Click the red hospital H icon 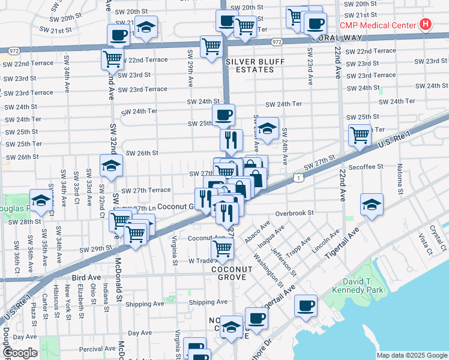point(426,25)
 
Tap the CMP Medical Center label point(378,25)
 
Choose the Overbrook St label point(295,213)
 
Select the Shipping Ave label point(208,302)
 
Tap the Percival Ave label point(80,348)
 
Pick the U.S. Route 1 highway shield point(298,177)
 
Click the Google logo point(20,353)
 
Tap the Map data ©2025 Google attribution point(411,355)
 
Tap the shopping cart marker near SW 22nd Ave point(360,136)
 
